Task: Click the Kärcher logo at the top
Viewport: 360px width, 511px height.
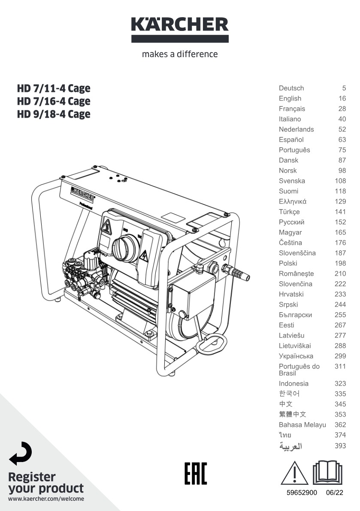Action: click(x=180, y=30)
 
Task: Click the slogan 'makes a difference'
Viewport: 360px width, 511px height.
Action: click(x=180, y=54)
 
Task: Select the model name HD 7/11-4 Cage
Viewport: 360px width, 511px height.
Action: click(x=54, y=88)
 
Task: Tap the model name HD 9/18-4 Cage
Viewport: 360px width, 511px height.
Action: click(x=54, y=114)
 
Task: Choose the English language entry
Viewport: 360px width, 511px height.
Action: click(x=290, y=98)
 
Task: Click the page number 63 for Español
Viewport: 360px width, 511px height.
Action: click(x=342, y=140)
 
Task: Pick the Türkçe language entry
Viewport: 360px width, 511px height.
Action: click(x=289, y=212)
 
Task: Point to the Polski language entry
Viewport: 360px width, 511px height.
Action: click(x=288, y=263)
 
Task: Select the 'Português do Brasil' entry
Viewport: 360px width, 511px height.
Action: click(x=299, y=370)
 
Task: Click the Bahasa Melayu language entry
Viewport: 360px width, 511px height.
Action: click(x=303, y=425)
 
